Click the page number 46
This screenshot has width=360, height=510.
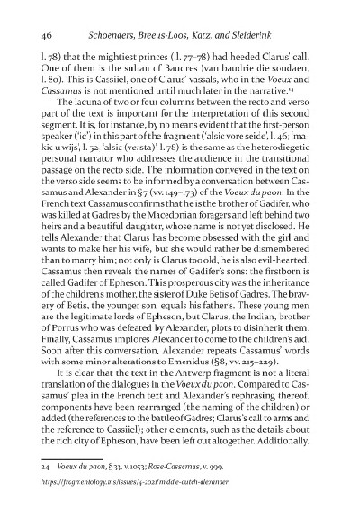pyautogui.click(x=43, y=34)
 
